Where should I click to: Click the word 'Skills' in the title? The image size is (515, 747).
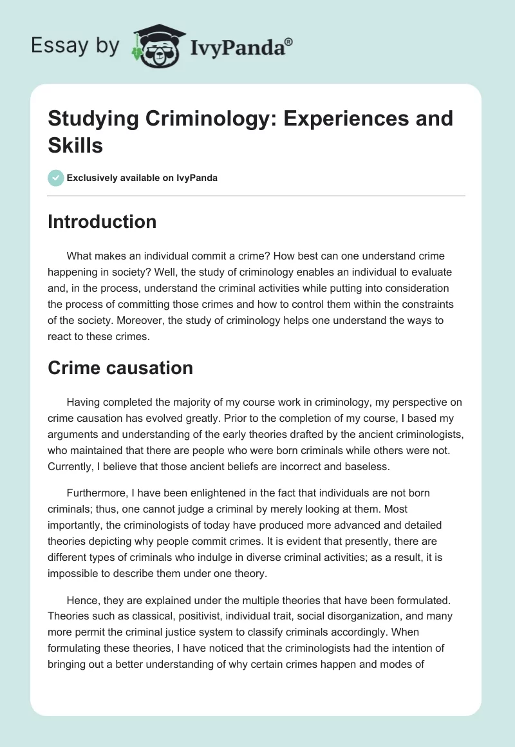point(76,146)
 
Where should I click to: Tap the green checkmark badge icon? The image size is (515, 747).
point(56,178)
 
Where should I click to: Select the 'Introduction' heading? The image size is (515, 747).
point(102,222)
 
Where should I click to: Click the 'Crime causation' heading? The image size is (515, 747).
point(120,368)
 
